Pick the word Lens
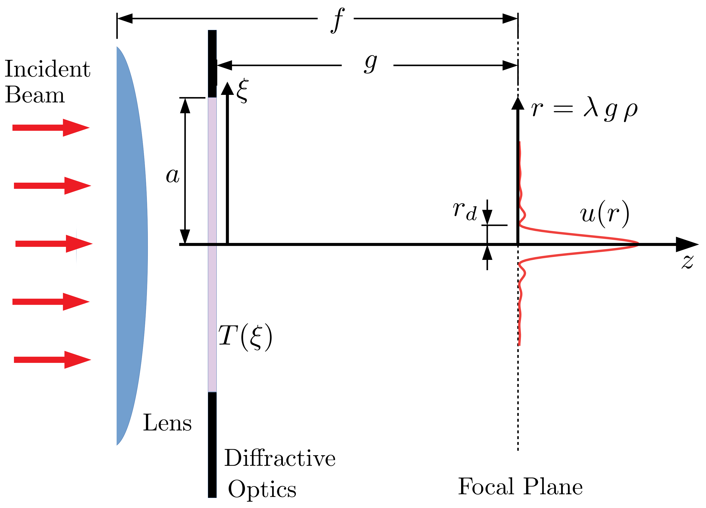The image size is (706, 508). (167, 423)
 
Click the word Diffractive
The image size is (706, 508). (279, 458)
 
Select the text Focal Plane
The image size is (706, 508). (520, 486)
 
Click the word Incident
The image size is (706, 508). (47, 69)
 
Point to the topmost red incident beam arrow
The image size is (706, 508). (51, 128)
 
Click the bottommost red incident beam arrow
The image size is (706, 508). (52, 360)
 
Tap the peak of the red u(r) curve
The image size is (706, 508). (637, 244)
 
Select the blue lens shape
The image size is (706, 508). (131, 246)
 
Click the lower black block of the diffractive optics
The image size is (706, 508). (212, 445)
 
